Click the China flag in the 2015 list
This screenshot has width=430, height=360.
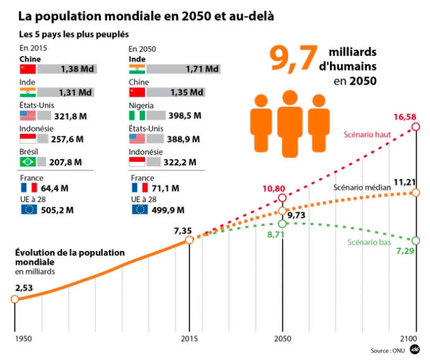pyautogui.click(x=28, y=69)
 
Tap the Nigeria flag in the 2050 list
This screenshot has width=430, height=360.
pyautogui.click(x=137, y=115)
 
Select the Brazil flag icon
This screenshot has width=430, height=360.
pyautogui.click(x=28, y=162)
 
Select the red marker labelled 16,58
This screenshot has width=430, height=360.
pyautogui.click(x=415, y=127)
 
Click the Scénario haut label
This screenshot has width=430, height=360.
pyautogui.click(x=368, y=134)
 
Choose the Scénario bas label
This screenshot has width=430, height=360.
pyautogui.click(x=369, y=242)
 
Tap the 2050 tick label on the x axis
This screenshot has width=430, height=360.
pyautogui.click(x=282, y=338)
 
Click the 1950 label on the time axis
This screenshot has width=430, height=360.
pyautogui.click(x=23, y=338)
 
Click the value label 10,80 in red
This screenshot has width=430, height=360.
pyautogui.click(x=279, y=189)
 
